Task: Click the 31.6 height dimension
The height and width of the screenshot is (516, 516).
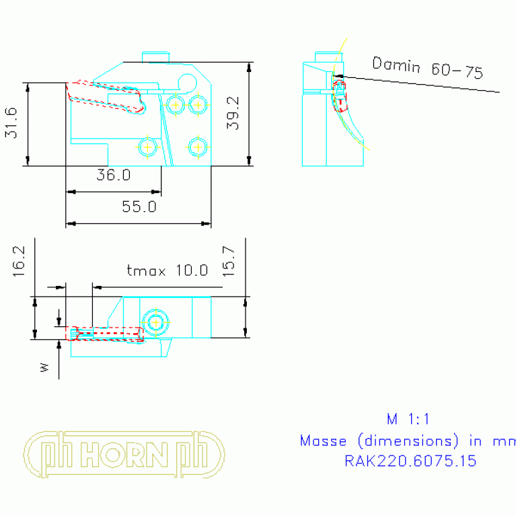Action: tap(11, 123)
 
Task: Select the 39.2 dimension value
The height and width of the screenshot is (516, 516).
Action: tap(233, 112)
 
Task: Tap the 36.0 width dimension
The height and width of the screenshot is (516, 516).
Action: tap(113, 176)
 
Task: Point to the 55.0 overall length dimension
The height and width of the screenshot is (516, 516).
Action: tap(139, 207)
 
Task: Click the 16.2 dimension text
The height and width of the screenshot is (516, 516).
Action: tap(18, 260)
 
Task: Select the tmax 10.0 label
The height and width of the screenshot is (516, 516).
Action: tap(168, 270)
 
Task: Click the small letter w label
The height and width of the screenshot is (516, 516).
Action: tap(44, 367)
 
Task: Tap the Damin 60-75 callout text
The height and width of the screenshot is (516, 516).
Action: tap(427, 68)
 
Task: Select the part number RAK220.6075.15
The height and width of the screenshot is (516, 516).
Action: tap(410, 462)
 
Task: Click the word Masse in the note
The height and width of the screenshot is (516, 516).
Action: tap(324, 441)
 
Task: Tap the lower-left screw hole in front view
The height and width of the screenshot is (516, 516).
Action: tap(147, 146)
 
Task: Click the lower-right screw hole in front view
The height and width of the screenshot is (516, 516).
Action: tap(196, 146)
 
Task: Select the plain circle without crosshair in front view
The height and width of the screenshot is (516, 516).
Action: tap(188, 82)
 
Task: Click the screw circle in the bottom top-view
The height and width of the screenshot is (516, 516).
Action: tap(156, 322)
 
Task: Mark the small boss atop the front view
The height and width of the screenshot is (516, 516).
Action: tap(156, 56)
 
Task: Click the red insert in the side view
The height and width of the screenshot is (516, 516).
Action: tap(340, 98)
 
